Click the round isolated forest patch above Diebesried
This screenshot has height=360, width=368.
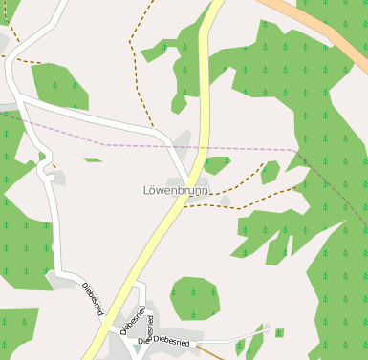[194, 298]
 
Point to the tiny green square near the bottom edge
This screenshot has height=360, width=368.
[279, 332]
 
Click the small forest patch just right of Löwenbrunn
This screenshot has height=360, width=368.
[216, 164]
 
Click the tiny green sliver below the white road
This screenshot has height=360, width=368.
[92, 159]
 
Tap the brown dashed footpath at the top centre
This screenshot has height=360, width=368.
[139, 38]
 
